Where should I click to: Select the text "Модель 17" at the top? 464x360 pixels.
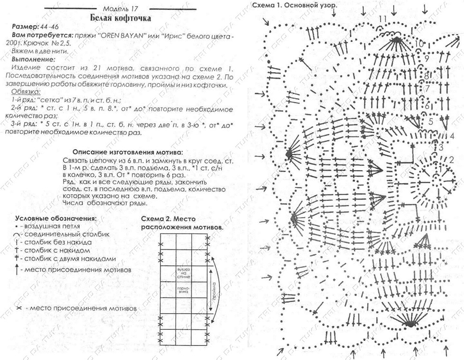(121, 8)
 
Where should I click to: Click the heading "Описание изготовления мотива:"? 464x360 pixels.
(127, 152)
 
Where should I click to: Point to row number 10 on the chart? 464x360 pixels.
(419, 44)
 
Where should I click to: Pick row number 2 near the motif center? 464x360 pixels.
(451, 160)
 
